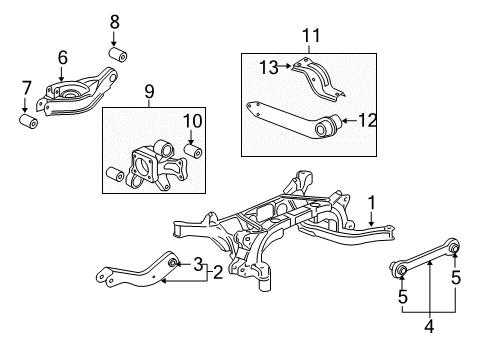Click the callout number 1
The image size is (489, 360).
click(371, 201)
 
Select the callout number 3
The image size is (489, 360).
click(197, 263)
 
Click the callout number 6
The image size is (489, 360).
click(62, 58)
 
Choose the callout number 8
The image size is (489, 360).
click(113, 20)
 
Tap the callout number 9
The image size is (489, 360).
click(150, 93)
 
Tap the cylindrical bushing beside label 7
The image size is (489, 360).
click(28, 122)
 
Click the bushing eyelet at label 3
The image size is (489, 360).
click(173, 263)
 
